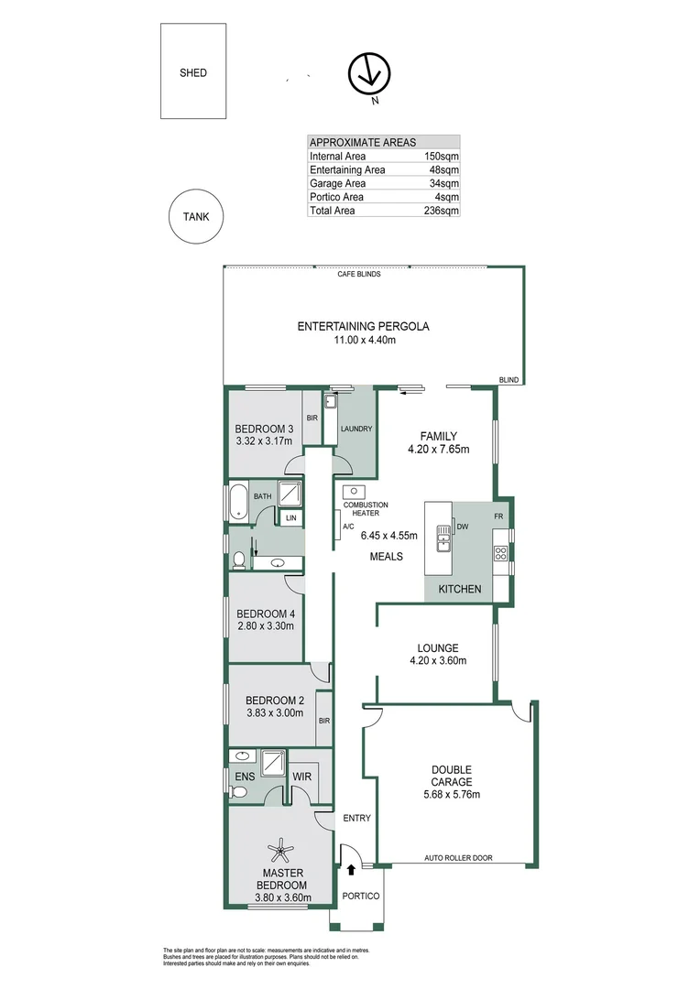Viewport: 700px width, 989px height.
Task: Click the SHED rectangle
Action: coord(193,71)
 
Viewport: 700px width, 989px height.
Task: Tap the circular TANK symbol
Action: coord(195,217)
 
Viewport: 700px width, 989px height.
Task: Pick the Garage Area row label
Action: coord(337,183)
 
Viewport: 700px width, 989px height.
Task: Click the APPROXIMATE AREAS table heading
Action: coord(363,142)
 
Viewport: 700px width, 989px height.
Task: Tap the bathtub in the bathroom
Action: coord(235,502)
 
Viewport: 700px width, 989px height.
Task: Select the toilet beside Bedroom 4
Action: coord(239,558)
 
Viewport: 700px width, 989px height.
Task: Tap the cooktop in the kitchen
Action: coord(501,552)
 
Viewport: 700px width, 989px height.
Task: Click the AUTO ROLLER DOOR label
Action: coord(457,858)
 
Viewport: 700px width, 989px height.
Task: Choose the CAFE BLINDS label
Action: coord(359,274)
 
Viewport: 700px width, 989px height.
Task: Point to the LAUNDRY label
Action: coord(355,429)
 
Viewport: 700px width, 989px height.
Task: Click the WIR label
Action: coord(301,777)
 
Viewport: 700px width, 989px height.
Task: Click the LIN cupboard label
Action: coord(291,518)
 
